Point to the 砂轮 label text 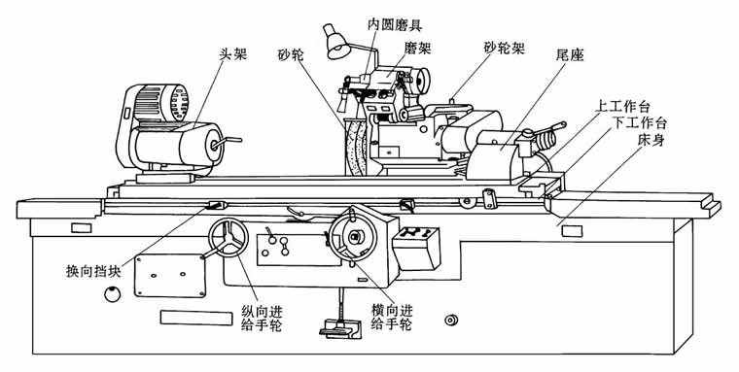point(290,55)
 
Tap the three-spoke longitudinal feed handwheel point(231,239)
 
